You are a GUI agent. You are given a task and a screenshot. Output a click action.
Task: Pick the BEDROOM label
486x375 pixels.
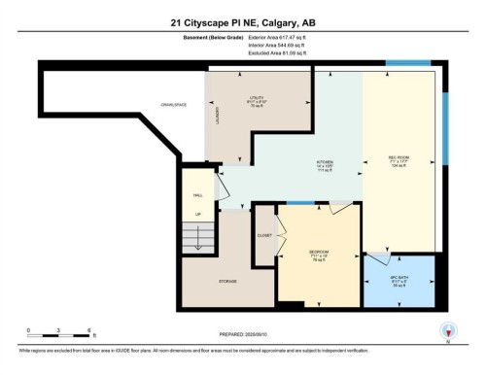tap(318, 254)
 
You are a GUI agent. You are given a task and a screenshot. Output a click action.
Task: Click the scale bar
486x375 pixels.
tap(58, 337)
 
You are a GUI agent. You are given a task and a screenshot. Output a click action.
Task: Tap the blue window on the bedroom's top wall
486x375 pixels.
tap(302, 202)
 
